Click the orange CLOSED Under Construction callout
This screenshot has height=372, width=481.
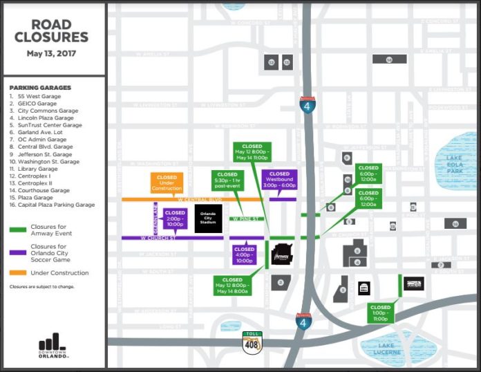[x=167, y=183]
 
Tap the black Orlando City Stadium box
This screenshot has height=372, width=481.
[x=208, y=218]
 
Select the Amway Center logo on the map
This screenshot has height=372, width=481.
[x=282, y=254]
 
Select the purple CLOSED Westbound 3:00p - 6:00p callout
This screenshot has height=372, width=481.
[x=279, y=180]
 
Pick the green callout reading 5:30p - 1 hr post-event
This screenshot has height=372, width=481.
[x=227, y=182]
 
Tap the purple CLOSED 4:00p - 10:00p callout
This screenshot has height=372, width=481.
[x=245, y=254]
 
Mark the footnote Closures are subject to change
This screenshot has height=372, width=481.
[x=41, y=286]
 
